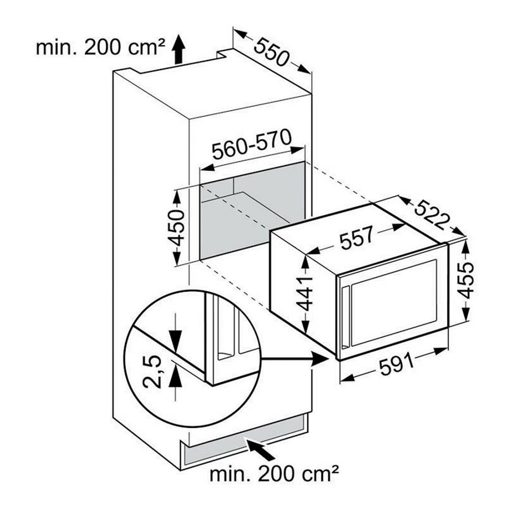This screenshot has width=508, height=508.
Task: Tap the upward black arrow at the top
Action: [177, 47]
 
